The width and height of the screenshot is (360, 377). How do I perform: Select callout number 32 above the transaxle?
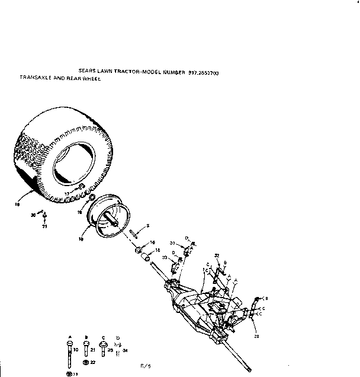click(217, 256)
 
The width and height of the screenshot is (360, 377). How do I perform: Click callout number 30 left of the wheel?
click(33, 215)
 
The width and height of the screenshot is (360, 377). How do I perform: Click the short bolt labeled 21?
click(86, 350)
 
